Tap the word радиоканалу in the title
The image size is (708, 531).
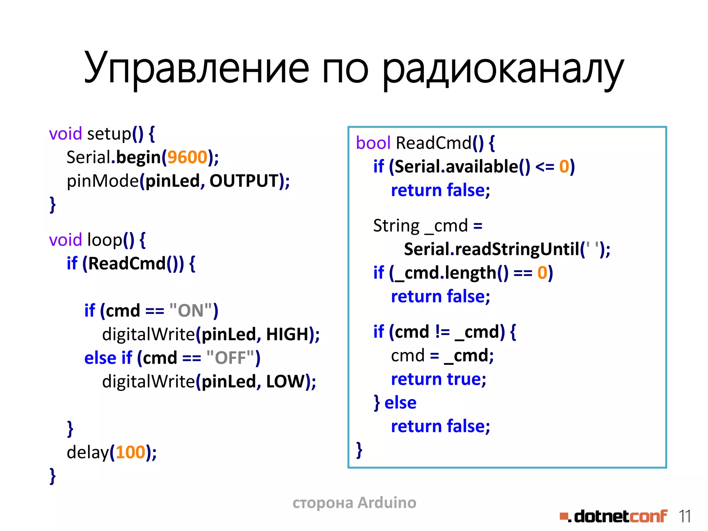(x=503, y=69)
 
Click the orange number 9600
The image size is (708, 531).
(x=187, y=157)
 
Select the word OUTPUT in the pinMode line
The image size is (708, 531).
(x=244, y=181)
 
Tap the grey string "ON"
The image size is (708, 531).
(x=191, y=310)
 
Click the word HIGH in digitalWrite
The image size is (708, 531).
(x=287, y=334)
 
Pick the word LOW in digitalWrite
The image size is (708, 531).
(x=285, y=381)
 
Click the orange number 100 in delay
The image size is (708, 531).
(x=130, y=453)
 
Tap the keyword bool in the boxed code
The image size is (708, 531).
(x=373, y=143)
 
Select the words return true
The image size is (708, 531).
(x=438, y=379)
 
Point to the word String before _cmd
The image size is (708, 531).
(x=396, y=226)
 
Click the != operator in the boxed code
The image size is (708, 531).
(x=442, y=332)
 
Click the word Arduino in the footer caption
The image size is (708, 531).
(x=387, y=503)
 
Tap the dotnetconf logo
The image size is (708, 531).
(x=614, y=516)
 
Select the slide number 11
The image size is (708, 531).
(x=684, y=516)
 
